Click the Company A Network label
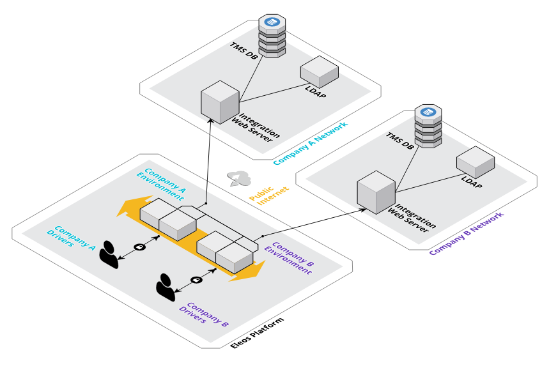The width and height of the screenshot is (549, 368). click(x=311, y=144)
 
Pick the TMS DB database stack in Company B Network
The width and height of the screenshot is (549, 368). click(x=428, y=126)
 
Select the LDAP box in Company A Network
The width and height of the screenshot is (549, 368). click(x=320, y=72)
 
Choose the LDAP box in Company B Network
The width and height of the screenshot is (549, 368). click(x=476, y=160)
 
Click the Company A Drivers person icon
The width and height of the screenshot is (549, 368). click(x=110, y=254)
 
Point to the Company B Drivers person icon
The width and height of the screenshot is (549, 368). click(x=166, y=287)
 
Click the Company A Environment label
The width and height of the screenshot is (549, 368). click(x=163, y=181)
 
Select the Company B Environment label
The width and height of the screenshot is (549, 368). click(x=291, y=258)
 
